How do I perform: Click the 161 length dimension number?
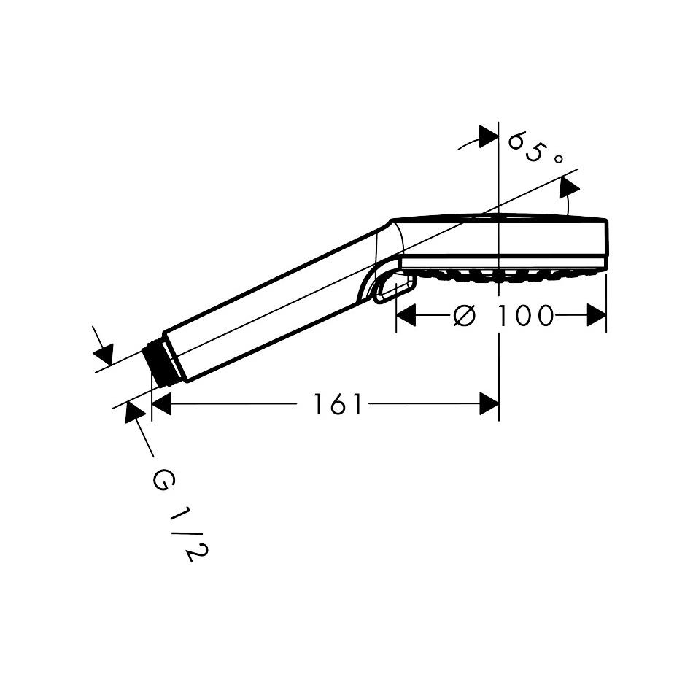tap(337, 404)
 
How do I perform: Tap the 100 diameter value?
tap(525, 316)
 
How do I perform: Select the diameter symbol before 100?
tap(465, 316)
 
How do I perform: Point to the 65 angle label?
tap(526, 147)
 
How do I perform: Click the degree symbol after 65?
tap(558, 159)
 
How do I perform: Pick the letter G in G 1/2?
tap(163, 481)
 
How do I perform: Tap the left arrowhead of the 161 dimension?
tap(161, 403)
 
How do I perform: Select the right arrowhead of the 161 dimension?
tap(489, 403)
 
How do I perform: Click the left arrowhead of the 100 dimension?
tap(406, 315)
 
